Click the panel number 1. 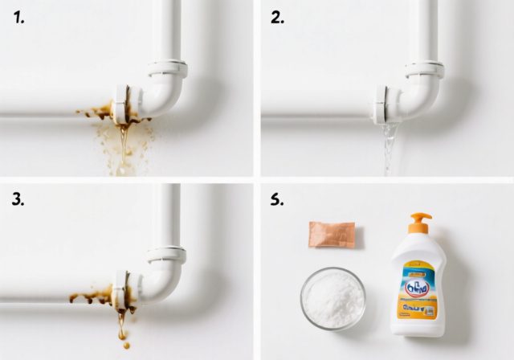click(x=20, y=17)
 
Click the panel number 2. click(x=277, y=17)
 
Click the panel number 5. click(x=277, y=200)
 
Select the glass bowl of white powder click(x=332, y=298)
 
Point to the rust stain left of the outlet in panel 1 click(x=96, y=112)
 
